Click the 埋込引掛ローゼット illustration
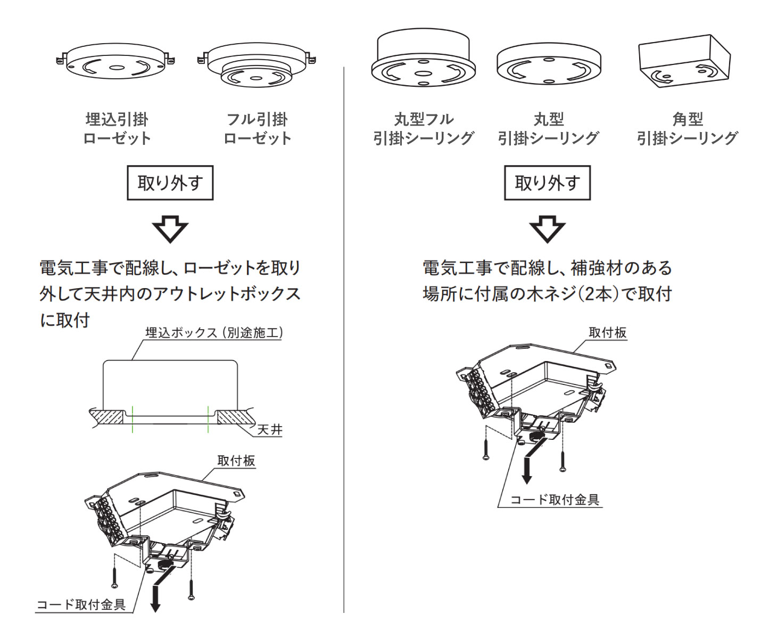(116, 61)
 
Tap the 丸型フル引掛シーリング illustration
(423, 59)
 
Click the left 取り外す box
(170, 183)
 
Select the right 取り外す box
(547, 183)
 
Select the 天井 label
(270, 429)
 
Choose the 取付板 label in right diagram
(607, 333)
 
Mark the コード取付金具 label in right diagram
(555, 499)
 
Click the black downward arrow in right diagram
(527, 471)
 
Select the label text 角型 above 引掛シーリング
(688, 119)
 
